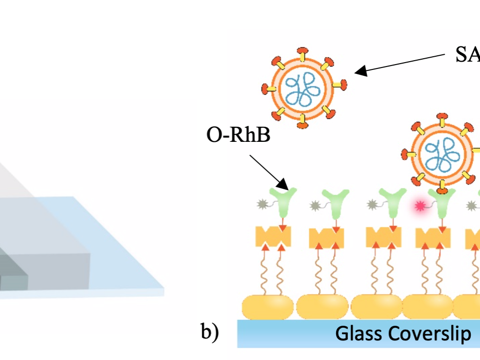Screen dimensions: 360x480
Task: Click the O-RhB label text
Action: [x=238, y=135]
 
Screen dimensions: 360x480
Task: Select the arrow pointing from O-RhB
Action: [x=269, y=172]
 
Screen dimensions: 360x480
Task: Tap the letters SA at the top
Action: [x=467, y=55]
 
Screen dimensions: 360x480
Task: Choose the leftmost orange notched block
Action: [x=273, y=237]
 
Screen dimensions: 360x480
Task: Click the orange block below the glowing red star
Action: [x=433, y=238]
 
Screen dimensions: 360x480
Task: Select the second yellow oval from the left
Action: [x=323, y=307]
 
